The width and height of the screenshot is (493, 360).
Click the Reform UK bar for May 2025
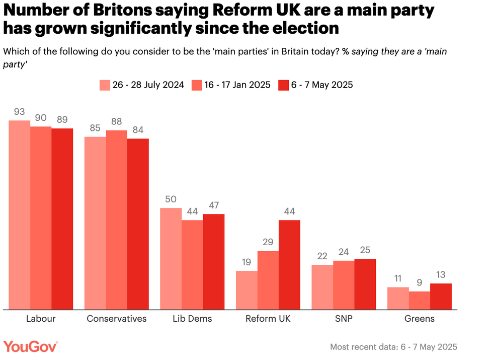(x=289, y=264)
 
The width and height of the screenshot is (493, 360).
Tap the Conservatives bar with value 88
(x=116, y=220)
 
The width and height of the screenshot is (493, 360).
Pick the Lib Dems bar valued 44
(x=192, y=264)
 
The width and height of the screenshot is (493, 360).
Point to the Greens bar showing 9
(x=420, y=300)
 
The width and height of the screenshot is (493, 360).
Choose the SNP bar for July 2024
(x=322, y=286)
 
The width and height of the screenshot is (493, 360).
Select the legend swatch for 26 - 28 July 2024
(x=104, y=85)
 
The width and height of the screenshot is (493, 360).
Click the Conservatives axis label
(x=117, y=319)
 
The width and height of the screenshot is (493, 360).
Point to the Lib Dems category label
(x=192, y=319)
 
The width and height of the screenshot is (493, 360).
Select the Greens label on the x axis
(x=420, y=319)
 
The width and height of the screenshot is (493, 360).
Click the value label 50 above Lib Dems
(x=171, y=198)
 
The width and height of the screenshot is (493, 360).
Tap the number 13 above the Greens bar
(x=441, y=274)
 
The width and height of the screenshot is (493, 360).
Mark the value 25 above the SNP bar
(x=365, y=250)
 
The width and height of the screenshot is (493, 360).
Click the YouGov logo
(x=31, y=346)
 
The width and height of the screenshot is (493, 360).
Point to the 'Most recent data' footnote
(x=393, y=347)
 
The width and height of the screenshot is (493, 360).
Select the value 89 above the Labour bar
(x=62, y=119)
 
